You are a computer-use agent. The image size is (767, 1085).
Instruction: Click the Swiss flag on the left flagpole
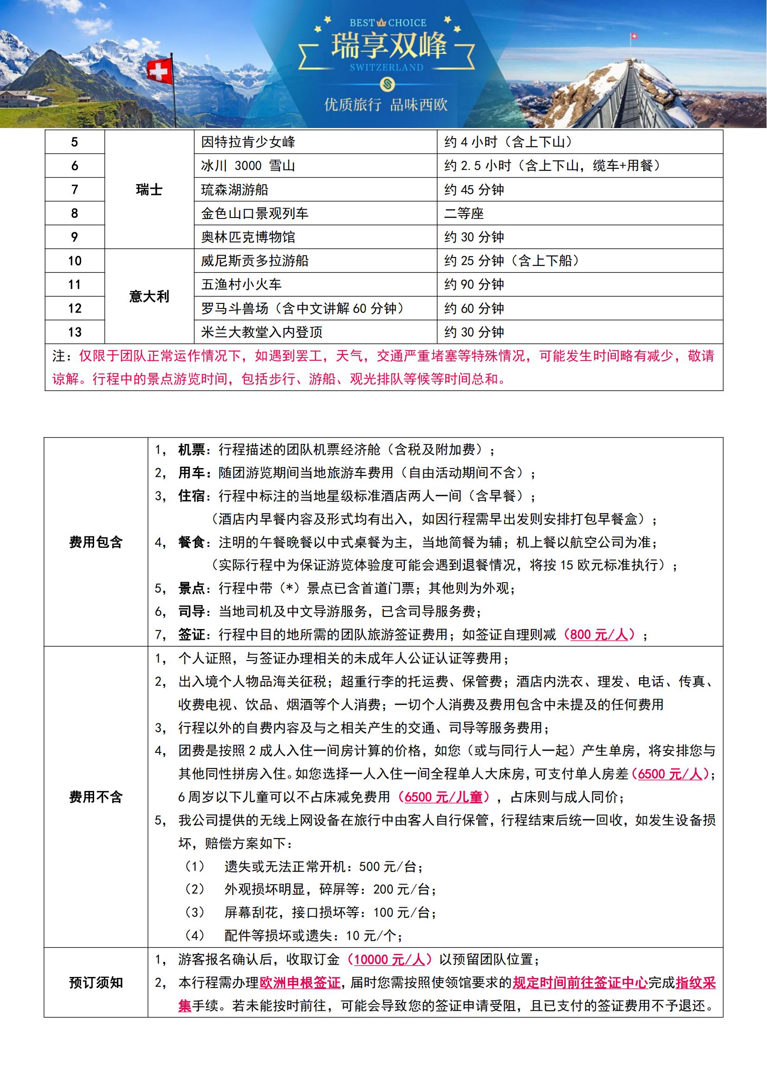pos(160,71)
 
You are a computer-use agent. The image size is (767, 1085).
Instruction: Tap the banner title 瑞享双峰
pos(388,46)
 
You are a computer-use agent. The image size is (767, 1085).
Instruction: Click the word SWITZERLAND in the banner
pos(386,67)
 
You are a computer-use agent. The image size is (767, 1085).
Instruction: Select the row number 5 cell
pos(75,142)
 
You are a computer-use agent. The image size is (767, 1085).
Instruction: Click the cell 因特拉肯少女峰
pos(248,142)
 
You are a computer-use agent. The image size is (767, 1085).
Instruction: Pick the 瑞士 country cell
pos(149,190)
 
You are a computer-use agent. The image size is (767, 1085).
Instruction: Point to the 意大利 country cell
pos(149,296)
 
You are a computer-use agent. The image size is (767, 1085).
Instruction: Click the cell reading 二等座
pos(464,213)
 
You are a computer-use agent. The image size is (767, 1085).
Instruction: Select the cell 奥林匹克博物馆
pos(248,237)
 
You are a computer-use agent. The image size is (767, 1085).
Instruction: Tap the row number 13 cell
pos(75,332)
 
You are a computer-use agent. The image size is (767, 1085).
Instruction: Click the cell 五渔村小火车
pos(241,284)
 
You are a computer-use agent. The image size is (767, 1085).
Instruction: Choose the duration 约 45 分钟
pos(474,190)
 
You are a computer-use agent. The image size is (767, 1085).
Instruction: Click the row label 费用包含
pos(96,542)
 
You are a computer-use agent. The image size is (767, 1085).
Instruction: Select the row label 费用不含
pos(96,797)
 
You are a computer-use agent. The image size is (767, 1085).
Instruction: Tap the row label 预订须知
pos(96,983)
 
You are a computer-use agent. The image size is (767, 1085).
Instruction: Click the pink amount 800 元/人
pos(599,634)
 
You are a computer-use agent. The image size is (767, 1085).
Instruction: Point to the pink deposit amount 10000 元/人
pos(389,959)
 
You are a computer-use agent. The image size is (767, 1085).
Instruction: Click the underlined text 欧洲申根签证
pos(300,983)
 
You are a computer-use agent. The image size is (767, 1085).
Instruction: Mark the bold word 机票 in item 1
pos(191,449)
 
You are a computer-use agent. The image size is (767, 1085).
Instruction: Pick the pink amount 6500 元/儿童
pos(443,797)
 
